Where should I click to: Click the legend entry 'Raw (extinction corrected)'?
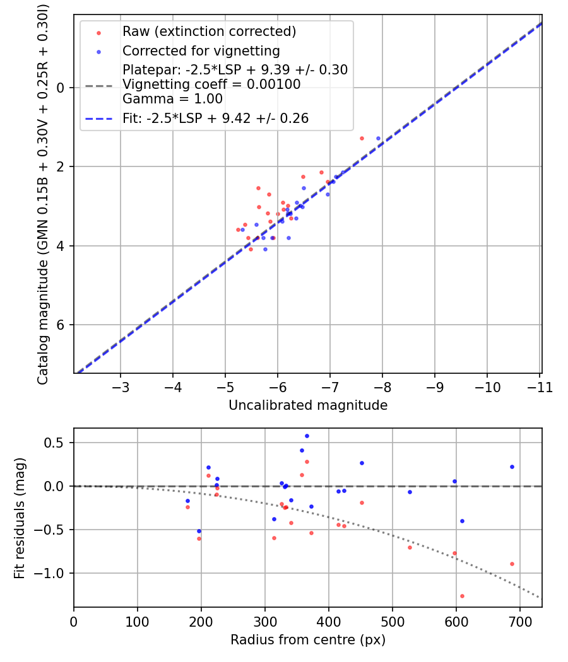coord(209,32)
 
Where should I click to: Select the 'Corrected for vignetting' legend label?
coord(201,50)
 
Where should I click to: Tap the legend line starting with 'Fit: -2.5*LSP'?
coord(215,118)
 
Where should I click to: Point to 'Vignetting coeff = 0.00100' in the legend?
coord(211,84)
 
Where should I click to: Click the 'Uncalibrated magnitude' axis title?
coord(307,405)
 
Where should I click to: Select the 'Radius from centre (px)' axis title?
coord(307,640)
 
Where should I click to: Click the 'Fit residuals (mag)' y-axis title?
coord(20,518)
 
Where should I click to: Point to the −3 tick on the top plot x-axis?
coord(121,386)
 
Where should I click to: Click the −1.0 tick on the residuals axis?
coord(54,573)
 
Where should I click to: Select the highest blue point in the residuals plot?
coord(307,436)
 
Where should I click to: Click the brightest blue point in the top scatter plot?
coord(378,138)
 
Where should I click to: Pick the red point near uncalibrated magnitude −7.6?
coord(362,138)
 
